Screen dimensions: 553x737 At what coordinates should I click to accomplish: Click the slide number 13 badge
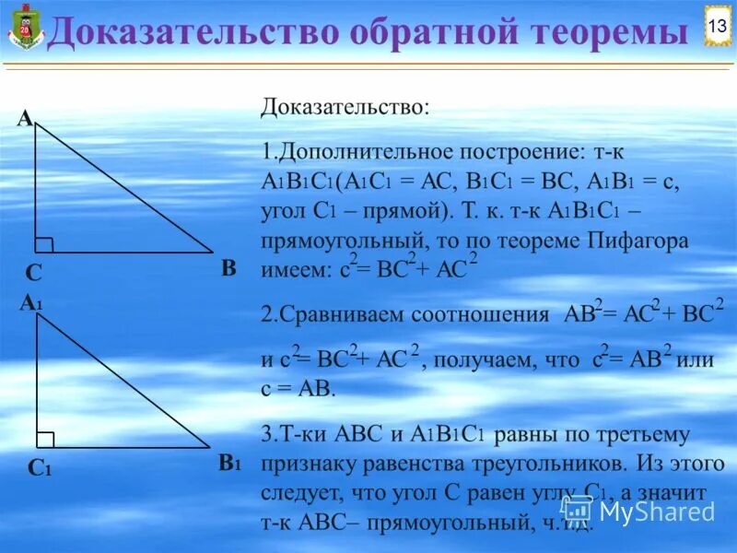716,26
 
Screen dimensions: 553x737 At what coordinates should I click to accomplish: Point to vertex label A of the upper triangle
24,119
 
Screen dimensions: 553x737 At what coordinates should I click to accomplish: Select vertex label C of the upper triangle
34,274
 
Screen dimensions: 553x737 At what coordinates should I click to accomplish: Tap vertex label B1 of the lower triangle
229,463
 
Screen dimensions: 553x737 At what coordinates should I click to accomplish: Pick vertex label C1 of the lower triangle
39,468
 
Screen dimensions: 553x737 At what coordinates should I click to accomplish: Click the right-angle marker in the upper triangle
44,243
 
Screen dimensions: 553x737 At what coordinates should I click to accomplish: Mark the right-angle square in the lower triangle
45,439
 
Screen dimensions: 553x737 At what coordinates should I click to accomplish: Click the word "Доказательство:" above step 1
345,107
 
